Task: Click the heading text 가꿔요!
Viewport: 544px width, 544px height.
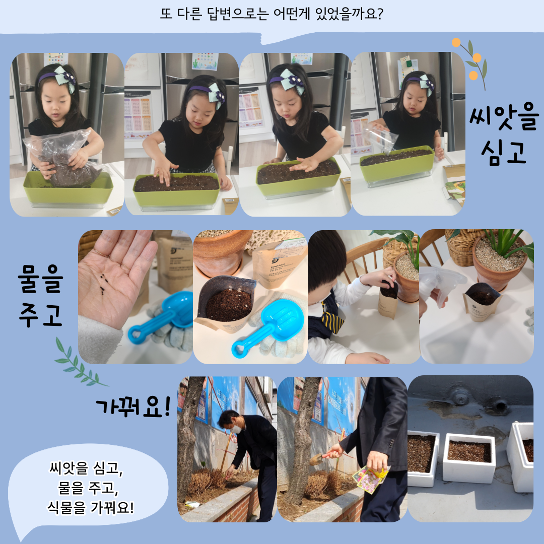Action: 133,406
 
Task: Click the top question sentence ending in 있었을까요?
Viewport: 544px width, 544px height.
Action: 271,14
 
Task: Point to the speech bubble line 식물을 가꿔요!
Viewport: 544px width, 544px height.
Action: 91,507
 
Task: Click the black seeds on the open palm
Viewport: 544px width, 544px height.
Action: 102,284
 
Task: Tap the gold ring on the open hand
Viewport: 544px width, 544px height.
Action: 101,252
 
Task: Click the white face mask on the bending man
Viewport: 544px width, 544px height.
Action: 236,429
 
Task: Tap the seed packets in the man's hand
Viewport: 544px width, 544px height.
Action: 371,479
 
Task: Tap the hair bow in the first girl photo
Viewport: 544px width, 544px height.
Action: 65,78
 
